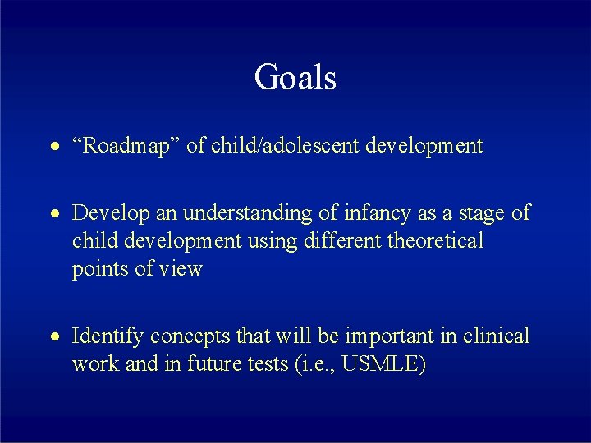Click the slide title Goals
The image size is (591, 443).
point(295,78)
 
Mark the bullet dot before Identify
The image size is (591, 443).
point(53,337)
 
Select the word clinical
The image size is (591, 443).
point(493,336)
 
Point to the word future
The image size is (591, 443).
point(213,363)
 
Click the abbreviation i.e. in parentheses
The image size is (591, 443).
point(316,363)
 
